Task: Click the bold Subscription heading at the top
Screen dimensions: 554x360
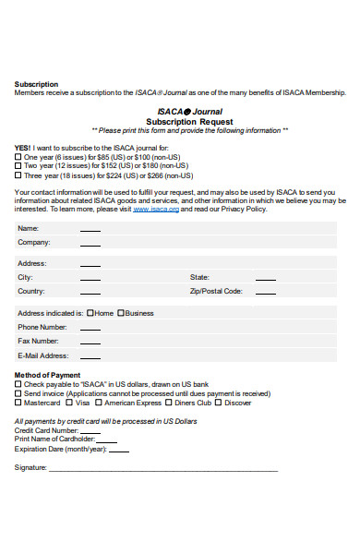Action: click(x=36, y=84)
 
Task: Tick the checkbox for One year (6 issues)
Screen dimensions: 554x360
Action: click(x=18, y=157)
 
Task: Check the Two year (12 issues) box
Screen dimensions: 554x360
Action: click(x=18, y=166)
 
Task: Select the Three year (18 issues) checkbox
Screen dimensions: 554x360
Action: click(x=18, y=175)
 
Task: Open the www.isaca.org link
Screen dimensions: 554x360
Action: click(x=156, y=210)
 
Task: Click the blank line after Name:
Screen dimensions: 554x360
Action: click(x=90, y=230)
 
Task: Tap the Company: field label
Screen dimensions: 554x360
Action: click(x=34, y=243)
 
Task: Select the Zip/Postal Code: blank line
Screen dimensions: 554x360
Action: click(x=265, y=293)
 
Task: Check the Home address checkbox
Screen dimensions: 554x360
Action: click(x=90, y=313)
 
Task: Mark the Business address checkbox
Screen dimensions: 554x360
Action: click(x=121, y=313)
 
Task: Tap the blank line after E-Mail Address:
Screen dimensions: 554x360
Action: click(x=90, y=357)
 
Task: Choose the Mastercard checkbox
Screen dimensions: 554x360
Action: click(x=18, y=403)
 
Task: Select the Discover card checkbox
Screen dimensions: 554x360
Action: click(x=219, y=403)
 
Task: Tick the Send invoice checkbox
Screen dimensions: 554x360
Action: click(x=18, y=393)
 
